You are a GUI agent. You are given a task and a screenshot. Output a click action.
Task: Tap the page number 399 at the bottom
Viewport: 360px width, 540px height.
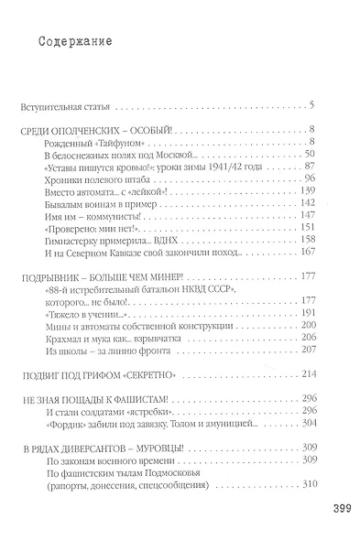coord(333,507)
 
